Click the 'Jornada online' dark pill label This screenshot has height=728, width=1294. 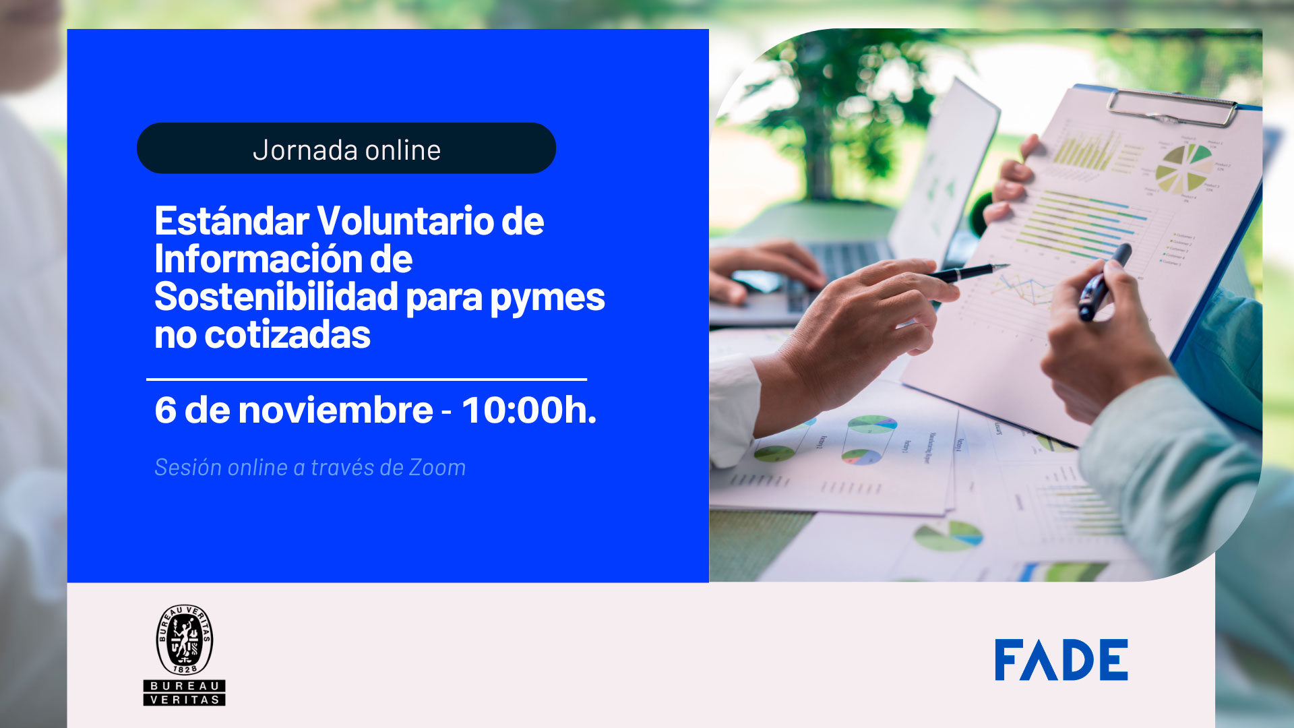coord(346,148)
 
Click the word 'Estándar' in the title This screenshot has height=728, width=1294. coord(231,221)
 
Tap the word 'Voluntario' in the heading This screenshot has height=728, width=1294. coord(404,221)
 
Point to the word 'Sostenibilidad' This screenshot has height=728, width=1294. coord(276,297)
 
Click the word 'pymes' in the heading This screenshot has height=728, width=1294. coord(547,299)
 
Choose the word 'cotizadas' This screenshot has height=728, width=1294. coord(287,335)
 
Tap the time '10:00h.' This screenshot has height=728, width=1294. coord(529,410)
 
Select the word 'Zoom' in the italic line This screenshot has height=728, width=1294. coord(437,468)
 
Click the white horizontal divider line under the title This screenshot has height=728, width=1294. coord(366,380)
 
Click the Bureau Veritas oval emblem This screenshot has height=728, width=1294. coord(184,640)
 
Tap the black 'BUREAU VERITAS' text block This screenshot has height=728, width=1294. coord(184,693)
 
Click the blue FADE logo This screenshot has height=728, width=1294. coord(1061,660)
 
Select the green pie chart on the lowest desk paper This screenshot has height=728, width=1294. coord(948,535)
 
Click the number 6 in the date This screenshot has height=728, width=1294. coord(165,410)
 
